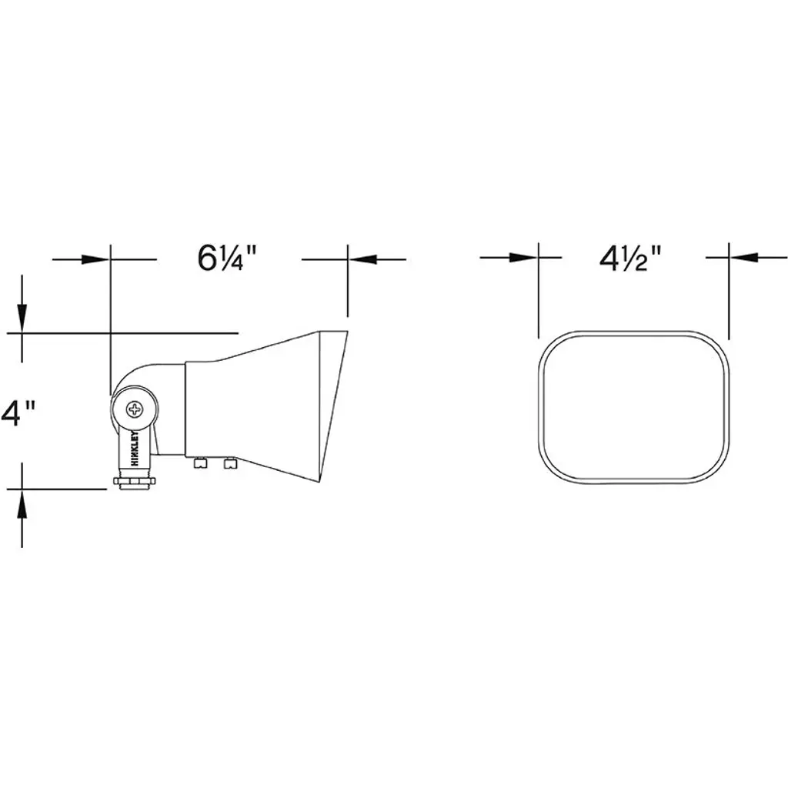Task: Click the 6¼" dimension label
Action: pos(227,259)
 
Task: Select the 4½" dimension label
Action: pos(630,259)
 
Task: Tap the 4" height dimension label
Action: pos(18,413)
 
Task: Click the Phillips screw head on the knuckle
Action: pos(135,409)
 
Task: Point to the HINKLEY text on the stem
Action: pos(135,449)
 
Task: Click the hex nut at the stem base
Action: pos(135,482)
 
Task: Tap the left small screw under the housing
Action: pos(201,462)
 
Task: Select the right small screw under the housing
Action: pos(230,462)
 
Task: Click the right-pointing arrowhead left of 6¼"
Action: pos(95,259)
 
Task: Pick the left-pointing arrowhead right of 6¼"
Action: pos(362,259)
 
